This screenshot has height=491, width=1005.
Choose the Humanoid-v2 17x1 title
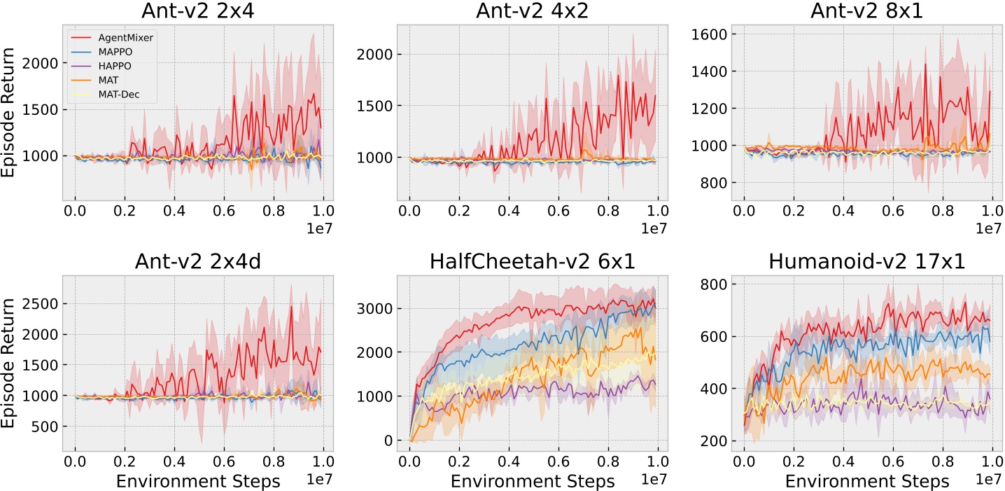866,262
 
